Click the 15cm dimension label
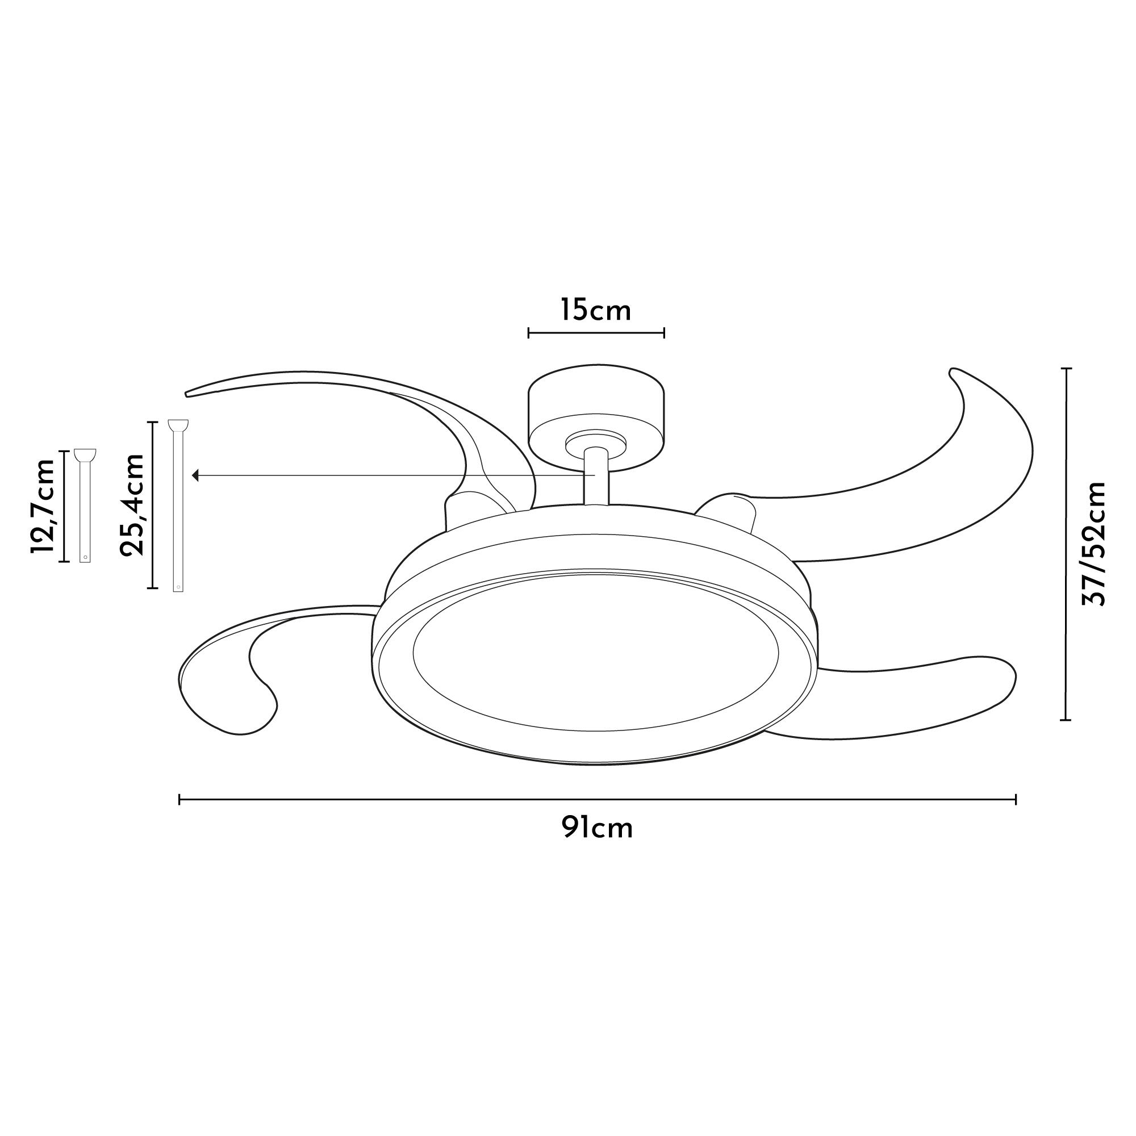coord(595,310)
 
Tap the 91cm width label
coord(596,828)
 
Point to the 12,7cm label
coord(43,506)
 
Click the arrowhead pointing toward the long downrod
coord(197,475)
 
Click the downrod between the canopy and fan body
coord(596,477)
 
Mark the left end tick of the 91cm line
coord(179,799)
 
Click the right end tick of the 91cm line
coord(1016,799)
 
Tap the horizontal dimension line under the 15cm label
coord(596,333)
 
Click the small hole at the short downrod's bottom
coord(86,557)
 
